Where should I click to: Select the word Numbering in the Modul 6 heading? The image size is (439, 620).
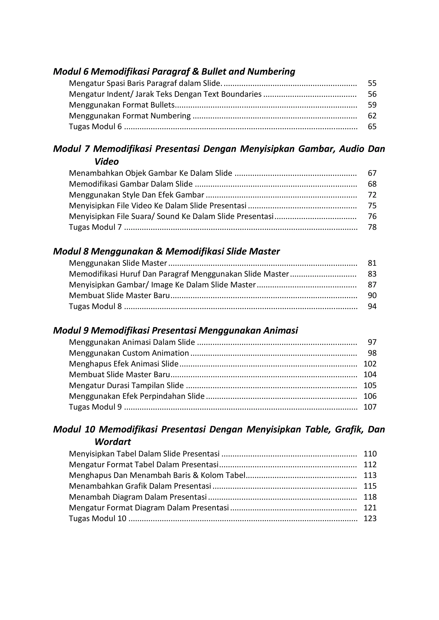pos(271,72)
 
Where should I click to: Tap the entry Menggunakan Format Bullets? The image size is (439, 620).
pos(122,105)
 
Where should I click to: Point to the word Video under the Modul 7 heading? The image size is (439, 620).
pos(107,162)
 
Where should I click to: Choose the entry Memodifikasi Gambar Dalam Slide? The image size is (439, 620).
pos(131,184)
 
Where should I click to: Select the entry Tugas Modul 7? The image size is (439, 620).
pos(95,227)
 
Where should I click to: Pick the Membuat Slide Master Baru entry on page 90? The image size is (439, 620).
pos(119,295)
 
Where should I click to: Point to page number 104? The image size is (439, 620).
pos(370,375)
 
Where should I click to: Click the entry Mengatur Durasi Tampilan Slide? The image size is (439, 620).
pos(126,385)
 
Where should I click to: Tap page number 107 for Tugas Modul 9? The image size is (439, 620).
pos(370,407)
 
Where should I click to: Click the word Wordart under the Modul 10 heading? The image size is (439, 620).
pos(113,442)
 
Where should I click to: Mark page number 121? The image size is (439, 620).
pos(370,508)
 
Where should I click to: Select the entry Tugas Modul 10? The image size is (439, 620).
pos(98,519)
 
